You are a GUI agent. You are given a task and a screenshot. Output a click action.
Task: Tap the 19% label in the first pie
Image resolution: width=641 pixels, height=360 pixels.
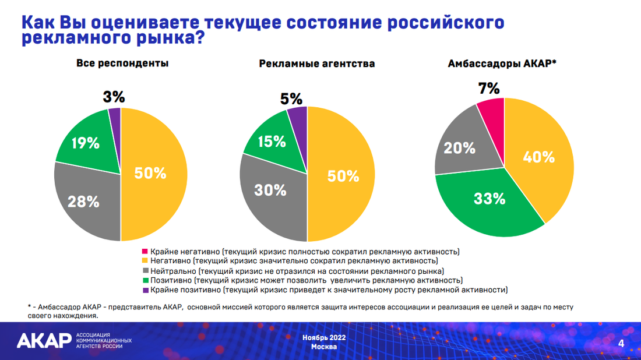click(x=86, y=143)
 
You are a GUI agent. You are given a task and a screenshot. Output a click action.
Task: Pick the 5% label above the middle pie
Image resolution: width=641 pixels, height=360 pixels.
click(x=291, y=98)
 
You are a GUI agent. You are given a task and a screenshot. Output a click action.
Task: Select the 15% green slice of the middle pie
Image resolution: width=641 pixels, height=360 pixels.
click(x=272, y=142)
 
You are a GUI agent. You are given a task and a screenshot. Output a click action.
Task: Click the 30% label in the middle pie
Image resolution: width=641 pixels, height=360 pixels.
click(x=271, y=190)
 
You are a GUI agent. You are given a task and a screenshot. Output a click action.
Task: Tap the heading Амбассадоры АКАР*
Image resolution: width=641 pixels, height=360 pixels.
click(x=502, y=63)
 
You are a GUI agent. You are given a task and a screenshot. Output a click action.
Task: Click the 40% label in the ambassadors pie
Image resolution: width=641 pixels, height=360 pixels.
click(x=540, y=157)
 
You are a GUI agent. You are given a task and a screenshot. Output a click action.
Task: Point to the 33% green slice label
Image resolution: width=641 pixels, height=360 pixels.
click(x=489, y=199)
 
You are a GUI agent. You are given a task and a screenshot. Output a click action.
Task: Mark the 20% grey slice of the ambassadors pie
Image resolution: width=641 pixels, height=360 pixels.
click(x=460, y=149)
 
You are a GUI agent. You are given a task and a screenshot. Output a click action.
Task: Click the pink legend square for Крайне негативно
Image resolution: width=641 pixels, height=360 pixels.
click(x=145, y=252)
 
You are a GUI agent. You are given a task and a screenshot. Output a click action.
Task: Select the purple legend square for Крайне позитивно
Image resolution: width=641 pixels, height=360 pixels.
click(x=145, y=290)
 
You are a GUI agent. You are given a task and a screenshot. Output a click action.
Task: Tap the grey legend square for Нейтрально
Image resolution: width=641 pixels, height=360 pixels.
click(x=145, y=271)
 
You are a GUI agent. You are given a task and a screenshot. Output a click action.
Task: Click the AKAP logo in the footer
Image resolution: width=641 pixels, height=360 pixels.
click(x=44, y=340)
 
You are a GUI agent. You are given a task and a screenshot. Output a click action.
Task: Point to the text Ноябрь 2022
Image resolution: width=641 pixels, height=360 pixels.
click(x=324, y=337)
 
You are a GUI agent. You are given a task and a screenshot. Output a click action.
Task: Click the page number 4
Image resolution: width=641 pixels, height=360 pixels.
click(x=621, y=343)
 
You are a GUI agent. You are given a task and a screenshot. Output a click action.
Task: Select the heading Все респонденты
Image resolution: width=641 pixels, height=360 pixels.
click(x=122, y=63)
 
